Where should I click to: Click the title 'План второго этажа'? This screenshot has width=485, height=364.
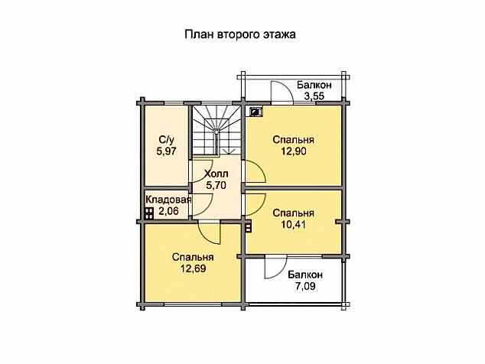(x=240, y=34)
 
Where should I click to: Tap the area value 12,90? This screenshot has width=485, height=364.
(x=294, y=151)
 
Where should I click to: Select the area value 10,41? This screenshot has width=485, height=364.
(x=294, y=225)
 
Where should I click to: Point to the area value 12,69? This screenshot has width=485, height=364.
(x=194, y=268)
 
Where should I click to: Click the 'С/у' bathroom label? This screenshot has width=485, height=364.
(x=167, y=140)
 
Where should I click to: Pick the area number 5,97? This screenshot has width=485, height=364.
(x=167, y=151)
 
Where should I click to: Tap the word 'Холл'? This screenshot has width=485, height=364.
(x=216, y=174)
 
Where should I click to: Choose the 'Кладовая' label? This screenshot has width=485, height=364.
(x=168, y=200)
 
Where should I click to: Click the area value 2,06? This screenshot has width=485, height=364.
(x=168, y=211)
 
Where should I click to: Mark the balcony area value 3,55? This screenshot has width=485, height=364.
(x=314, y=96)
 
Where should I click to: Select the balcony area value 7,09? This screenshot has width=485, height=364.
(x=305, y=286)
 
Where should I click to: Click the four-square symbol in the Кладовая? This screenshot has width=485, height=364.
(x=149, y=213)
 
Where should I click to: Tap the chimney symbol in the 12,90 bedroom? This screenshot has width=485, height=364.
(x=256, y=112)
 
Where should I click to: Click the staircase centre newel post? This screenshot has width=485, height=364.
(x=217, y=131)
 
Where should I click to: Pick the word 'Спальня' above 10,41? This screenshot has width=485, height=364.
(x=294, y=213)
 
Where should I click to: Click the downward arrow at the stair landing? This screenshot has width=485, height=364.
(x=229, y=151)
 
